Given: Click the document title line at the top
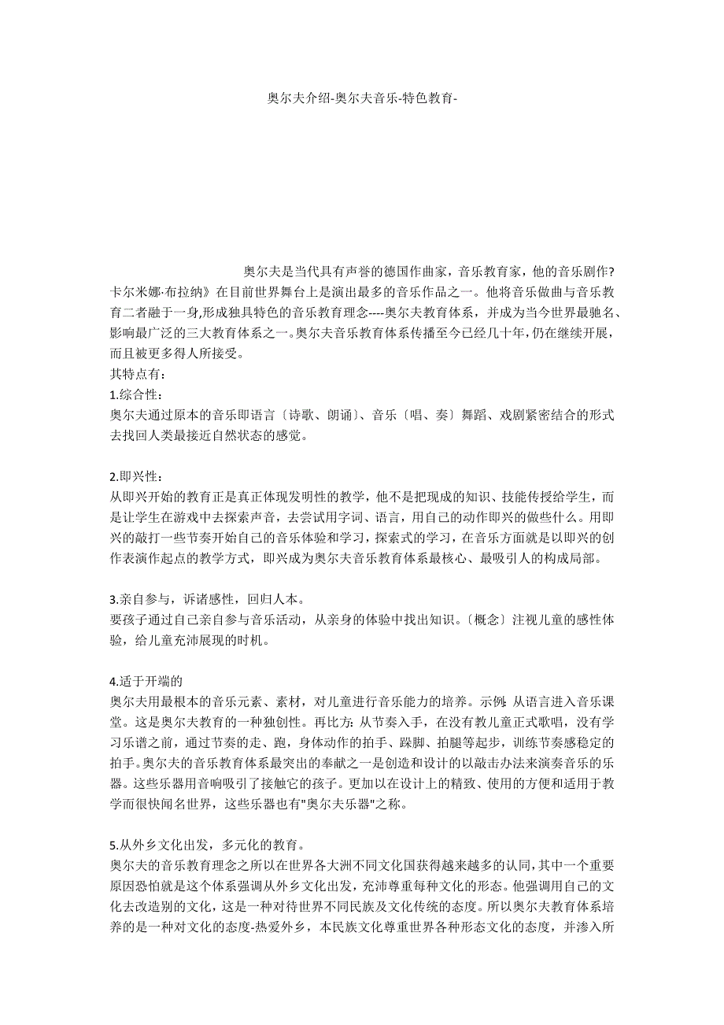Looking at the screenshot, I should [x=362, y=98].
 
